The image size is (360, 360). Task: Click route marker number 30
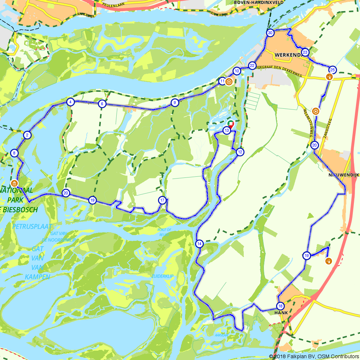coord(270,33)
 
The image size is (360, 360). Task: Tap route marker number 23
coord(305,53)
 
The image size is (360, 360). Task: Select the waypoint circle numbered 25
coord(333,70)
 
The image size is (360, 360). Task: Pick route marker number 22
coord(252,66)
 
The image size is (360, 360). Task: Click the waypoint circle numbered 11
coord(222,81)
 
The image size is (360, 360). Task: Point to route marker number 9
coord(175,103)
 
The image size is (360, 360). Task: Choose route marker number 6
coord(102,104)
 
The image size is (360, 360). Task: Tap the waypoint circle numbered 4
coord(70,102)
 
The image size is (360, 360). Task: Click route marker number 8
coord(14,153)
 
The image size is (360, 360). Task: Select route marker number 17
coord(162,200)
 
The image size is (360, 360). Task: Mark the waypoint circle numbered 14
coord(199,244)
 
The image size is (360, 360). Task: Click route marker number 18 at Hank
coord(280,306)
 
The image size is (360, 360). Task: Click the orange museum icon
coord(14,183)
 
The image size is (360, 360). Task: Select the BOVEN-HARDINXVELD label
coord(258,2)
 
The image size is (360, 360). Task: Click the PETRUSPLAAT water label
coord(32,226)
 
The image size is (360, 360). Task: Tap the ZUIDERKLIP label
coord(162,276)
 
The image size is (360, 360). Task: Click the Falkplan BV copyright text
coord(314,356)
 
